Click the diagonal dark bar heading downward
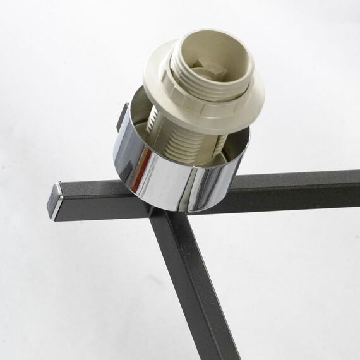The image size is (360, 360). point(189,284)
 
